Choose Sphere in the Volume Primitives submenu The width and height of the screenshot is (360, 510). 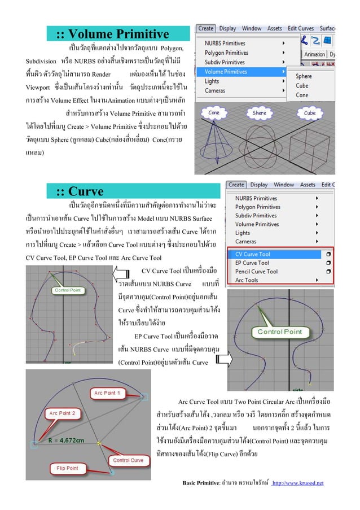tap(304, 76)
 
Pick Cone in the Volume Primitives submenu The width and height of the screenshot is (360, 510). tap(302, 95)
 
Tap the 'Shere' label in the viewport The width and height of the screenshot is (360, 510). tap(260, 113)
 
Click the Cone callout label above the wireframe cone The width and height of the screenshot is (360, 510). tap(214, 113)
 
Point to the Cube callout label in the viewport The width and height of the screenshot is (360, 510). tap(310, 113)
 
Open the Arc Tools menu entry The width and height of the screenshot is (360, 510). tap(247, 280)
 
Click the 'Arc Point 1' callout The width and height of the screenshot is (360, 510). tap(106, 393)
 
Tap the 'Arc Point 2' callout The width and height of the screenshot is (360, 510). tap(64, 413)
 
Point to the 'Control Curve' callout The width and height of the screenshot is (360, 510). tap(129, 460)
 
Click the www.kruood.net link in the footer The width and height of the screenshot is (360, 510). tap(297, 483)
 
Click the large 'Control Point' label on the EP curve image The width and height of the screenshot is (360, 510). tap(279, 332)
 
